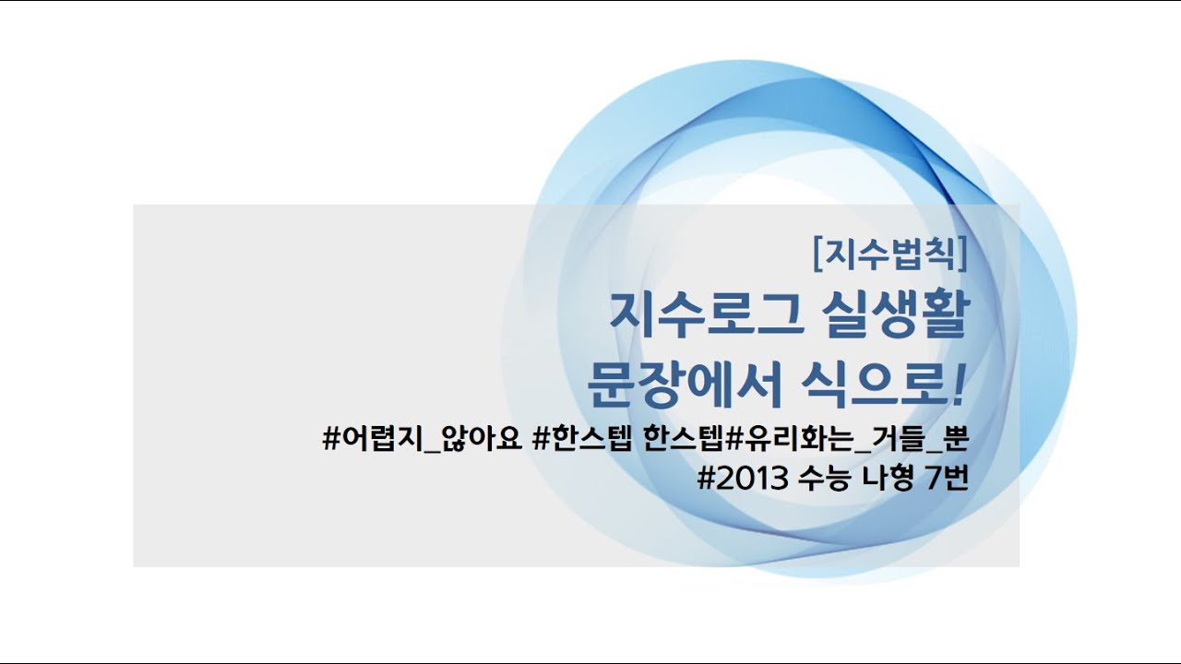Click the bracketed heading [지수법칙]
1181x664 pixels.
coord(890,254)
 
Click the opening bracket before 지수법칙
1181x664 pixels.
coord(818,254)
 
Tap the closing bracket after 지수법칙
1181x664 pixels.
coord(962,254)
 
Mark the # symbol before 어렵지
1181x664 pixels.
coord(332,440)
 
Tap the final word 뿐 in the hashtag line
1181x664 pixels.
coord(957,440)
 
